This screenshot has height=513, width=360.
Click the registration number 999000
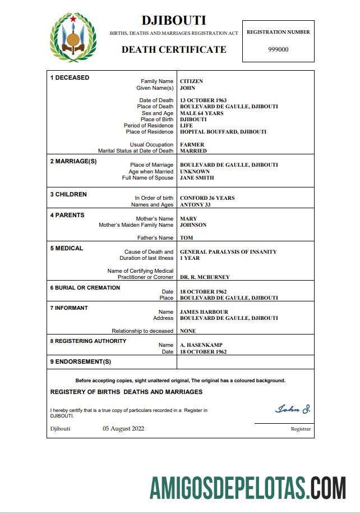tap(278, 49)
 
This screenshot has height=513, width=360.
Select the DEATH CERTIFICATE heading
tap(174, 49)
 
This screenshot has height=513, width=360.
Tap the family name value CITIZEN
tap(191, 81)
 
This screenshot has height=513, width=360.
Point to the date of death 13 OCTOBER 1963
tap(203, 100)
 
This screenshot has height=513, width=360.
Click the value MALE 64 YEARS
tap(201, 113)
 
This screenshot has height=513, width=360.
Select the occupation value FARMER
tap(192, 145)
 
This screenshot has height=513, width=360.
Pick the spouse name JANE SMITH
tap(197, 178)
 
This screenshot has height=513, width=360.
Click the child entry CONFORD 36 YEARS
tap(207, 198)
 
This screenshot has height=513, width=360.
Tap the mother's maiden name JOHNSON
tap(193, 225)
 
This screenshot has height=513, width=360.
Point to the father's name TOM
tap(186, 238)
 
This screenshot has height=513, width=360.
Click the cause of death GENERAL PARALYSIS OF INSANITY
tap(228, 252)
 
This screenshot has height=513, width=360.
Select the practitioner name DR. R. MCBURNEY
tap(204, 277)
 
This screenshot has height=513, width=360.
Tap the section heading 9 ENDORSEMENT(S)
tap(81, 361)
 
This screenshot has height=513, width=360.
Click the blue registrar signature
tap(293, 409)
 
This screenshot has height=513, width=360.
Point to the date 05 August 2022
tap(123, 429)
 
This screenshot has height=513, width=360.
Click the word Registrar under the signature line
tap(301, 429)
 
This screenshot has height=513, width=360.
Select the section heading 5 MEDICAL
tap(67, 248)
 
